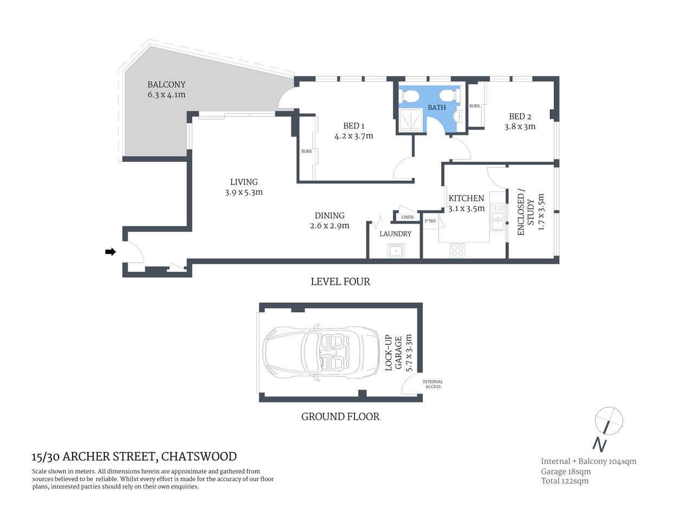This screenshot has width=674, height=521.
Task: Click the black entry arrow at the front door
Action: [x=110, y=252]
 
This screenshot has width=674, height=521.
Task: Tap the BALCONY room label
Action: [x=166, y=85]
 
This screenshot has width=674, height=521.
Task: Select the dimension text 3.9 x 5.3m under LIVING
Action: [x=244, y=192]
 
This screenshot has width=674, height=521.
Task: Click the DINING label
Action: [x=329, y=215]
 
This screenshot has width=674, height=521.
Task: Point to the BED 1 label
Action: [x=353, y=126]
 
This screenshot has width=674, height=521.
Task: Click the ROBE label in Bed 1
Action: [x=307, y=151]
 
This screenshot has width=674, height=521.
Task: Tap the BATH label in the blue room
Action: [x=436, y=107]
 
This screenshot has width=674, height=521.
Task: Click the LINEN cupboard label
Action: [x=407, y=217]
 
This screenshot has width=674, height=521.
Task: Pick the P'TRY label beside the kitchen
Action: [x=430, y=221]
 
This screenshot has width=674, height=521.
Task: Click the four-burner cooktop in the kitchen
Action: [x=457, y=250]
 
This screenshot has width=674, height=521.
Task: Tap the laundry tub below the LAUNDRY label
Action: [x=396, y=251]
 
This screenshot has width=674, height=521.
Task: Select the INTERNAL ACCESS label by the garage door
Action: [x=433, y=384]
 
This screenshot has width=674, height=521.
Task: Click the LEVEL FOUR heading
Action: [x=340, y=282]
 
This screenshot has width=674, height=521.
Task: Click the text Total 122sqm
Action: [x=564, y=481]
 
